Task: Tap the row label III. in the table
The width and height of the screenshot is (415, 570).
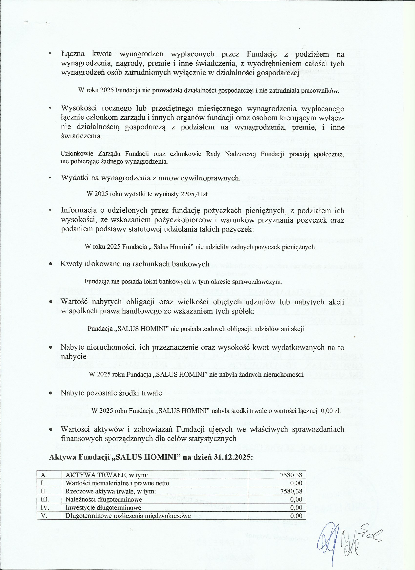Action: [45, 499]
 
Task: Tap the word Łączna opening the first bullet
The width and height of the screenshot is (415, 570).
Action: [73, 54]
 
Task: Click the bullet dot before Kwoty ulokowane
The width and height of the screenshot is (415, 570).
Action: [51, 264]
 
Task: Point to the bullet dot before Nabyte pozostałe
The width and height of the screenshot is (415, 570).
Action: [51, 393]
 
